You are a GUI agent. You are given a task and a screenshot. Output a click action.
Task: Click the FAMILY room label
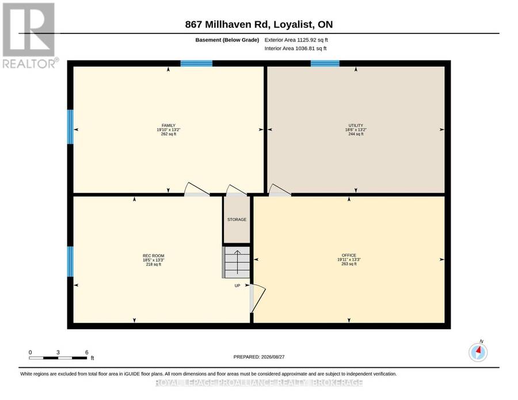coord(169,125)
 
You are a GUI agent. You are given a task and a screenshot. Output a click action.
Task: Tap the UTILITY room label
coord(356,125)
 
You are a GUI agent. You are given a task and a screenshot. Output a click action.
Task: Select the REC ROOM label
coord(153,256)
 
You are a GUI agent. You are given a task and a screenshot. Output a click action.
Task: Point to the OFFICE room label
coord(349,256)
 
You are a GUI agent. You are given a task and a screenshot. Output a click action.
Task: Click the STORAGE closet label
coord(237,220)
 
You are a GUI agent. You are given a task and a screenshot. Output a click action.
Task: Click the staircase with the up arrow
coord(236,262)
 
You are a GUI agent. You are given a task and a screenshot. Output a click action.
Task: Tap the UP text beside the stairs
coord(237,285)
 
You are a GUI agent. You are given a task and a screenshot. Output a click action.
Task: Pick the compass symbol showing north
coord(478,352)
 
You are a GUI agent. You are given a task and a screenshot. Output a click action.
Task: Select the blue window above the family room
coord(196,63)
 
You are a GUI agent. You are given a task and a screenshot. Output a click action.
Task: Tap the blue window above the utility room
coord(325,63)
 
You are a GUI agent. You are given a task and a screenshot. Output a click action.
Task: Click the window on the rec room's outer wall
coord(70,262)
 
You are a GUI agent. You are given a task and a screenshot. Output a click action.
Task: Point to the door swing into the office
coord(258,298)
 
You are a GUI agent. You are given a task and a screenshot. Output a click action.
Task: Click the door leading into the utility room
coord(280,190)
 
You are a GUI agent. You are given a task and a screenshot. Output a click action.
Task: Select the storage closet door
coord(237,191)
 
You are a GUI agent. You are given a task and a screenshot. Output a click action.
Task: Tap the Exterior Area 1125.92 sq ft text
coord(296,40)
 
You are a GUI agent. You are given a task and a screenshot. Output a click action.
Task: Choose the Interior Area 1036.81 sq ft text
coord(295,48)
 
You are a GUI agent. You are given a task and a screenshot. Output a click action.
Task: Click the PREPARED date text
coord(259,357)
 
